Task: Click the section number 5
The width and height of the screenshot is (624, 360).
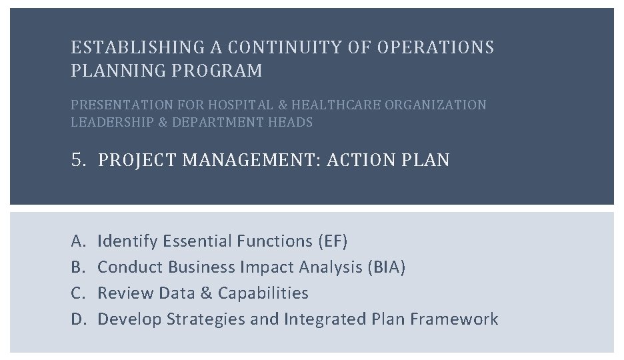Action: tap(77, 160)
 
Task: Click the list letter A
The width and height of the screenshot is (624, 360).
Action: tap(77, 241)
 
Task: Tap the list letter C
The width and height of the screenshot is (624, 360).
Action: tap(77, 293)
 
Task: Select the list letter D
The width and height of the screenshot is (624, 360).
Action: tap(77, 319)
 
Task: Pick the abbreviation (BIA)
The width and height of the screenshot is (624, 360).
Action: tap(385, 267)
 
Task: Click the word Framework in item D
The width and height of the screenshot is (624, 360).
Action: tap(454, 319)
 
